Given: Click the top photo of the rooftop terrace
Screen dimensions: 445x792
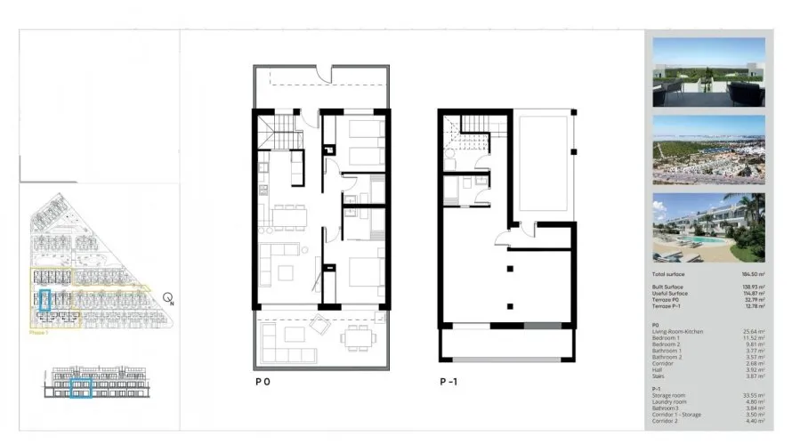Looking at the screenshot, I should (x=708, y=73).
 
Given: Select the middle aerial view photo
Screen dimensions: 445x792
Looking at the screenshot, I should (x=708, y=150).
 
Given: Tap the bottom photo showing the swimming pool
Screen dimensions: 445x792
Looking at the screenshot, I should (x=708, y=227).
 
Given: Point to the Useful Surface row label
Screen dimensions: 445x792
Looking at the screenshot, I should (x=668, y=294).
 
